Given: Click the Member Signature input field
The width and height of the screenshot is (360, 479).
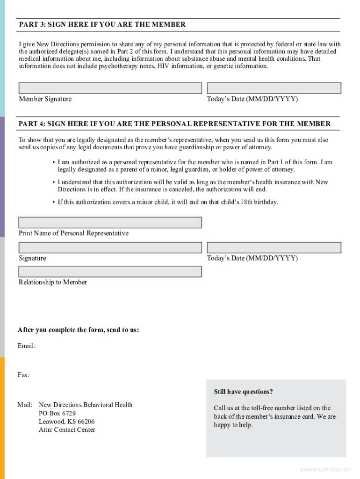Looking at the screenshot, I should click(110, 88).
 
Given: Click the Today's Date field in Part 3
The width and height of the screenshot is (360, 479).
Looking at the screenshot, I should click(274, 88).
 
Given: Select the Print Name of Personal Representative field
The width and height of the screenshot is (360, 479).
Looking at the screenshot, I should click(110, 223).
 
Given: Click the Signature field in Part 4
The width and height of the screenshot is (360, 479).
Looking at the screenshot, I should click(110, 247).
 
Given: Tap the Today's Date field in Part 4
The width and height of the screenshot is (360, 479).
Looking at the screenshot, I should click(274, 247).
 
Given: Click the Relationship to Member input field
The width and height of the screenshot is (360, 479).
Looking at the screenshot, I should click(110, 272).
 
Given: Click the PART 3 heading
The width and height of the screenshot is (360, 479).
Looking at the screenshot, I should click(102, 24).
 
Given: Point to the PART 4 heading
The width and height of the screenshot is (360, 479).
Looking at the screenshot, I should click(174, 123).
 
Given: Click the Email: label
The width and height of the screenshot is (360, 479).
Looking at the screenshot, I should click(27, 346).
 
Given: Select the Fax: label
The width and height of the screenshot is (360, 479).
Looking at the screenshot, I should click(24, 375).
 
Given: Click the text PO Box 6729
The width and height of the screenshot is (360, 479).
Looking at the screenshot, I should click(57, 413).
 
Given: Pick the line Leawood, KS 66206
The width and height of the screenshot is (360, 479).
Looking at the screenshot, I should click(66, 421).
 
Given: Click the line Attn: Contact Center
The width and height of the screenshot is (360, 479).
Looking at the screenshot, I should click(67, 430).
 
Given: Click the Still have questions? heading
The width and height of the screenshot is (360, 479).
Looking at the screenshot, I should click(243, 392).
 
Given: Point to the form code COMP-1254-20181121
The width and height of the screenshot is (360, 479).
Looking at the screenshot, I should click(326, 469).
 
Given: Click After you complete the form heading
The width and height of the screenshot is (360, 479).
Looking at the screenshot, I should click(78, 330).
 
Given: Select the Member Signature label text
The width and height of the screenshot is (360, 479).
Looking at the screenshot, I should click(45, 99).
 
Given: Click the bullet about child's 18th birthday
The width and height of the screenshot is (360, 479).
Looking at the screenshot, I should click(167, 202).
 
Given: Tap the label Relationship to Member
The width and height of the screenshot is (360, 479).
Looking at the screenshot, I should click(53, 282).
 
